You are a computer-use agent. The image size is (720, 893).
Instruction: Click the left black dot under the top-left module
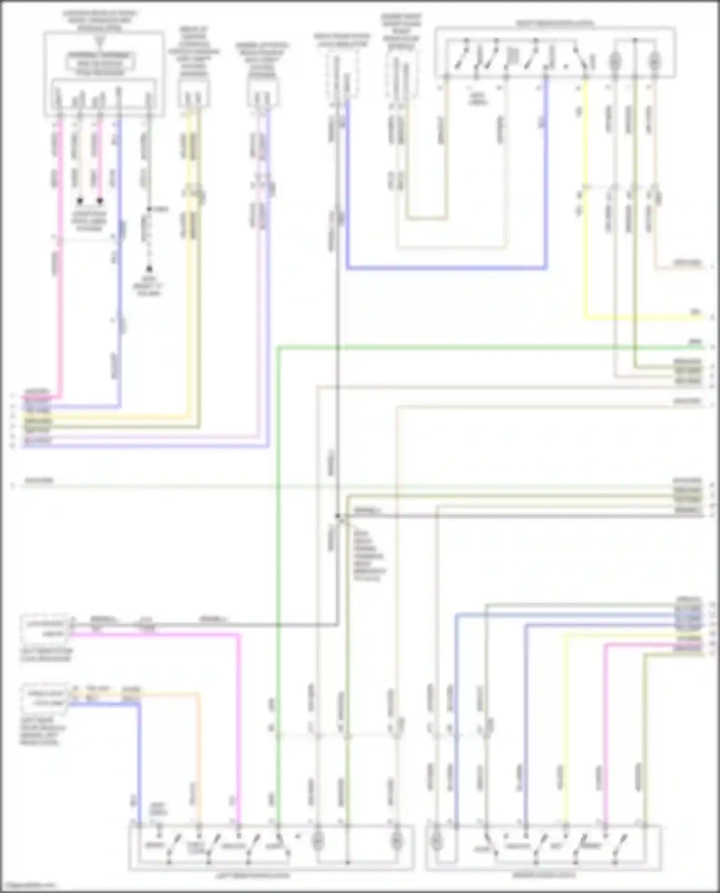(80, 201)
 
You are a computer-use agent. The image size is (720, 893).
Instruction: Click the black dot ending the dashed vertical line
(149, 269)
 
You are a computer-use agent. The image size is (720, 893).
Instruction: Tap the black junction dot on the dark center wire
(338, 516)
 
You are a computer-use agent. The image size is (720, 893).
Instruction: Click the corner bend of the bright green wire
(279, 347)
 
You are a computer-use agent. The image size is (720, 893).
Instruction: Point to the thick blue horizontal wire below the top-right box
(446, 268)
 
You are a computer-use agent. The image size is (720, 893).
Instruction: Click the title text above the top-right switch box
(555, 24)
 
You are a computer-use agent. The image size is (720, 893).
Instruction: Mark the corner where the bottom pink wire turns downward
(238, 635)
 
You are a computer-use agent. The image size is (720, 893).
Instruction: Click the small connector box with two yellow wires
(194, 93)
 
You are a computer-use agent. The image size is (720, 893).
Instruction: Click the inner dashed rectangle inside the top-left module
(100, 63)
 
